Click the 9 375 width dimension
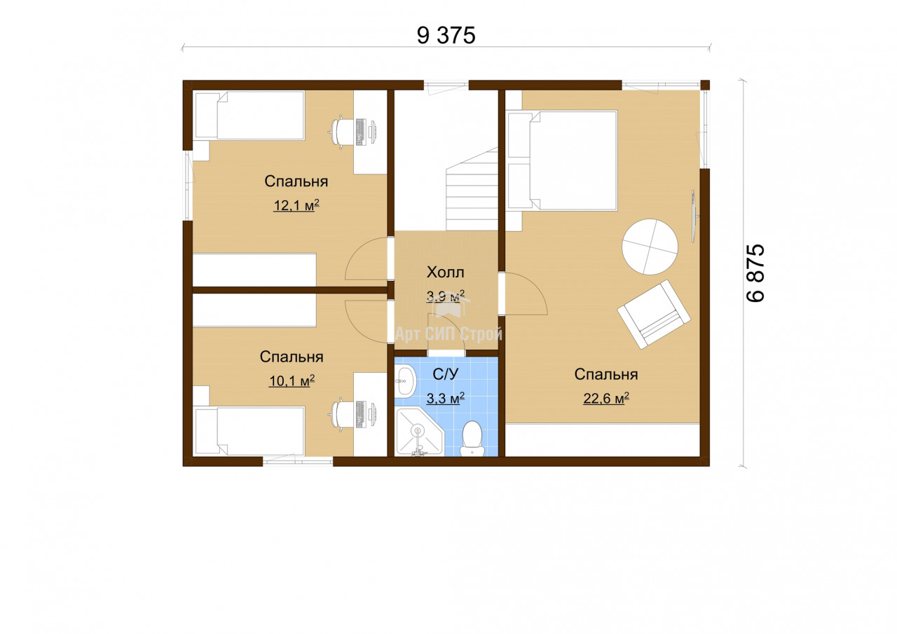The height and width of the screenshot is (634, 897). click(446, 35)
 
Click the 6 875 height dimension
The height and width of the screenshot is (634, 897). click(755, 273)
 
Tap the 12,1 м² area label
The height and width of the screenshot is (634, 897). click(296, 205)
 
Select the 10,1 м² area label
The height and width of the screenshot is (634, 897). click(292, 380)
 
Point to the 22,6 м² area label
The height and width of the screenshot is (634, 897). click(606, 398)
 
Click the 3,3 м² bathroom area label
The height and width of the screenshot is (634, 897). click(445, 398)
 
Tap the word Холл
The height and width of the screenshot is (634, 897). click(445, 273)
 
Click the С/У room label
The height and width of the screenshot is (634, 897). click(445, 374)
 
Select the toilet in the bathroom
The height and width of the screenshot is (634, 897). click(472, 439)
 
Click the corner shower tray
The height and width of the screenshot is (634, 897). click(419, 432)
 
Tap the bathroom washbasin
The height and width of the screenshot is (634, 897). click(406, 381)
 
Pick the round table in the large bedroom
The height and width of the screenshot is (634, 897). click(650, 247)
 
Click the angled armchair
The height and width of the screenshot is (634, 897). click(654, 315)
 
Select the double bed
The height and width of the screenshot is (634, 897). click(562, 160)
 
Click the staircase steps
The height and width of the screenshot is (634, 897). click(472, 189)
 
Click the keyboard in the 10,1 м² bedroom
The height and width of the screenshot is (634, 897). click(360, 414)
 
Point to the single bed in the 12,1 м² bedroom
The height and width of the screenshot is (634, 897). click(249, 116)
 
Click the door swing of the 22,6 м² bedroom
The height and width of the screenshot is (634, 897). click(525, 294)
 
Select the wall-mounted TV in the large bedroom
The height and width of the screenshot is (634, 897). click(694, 216)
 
